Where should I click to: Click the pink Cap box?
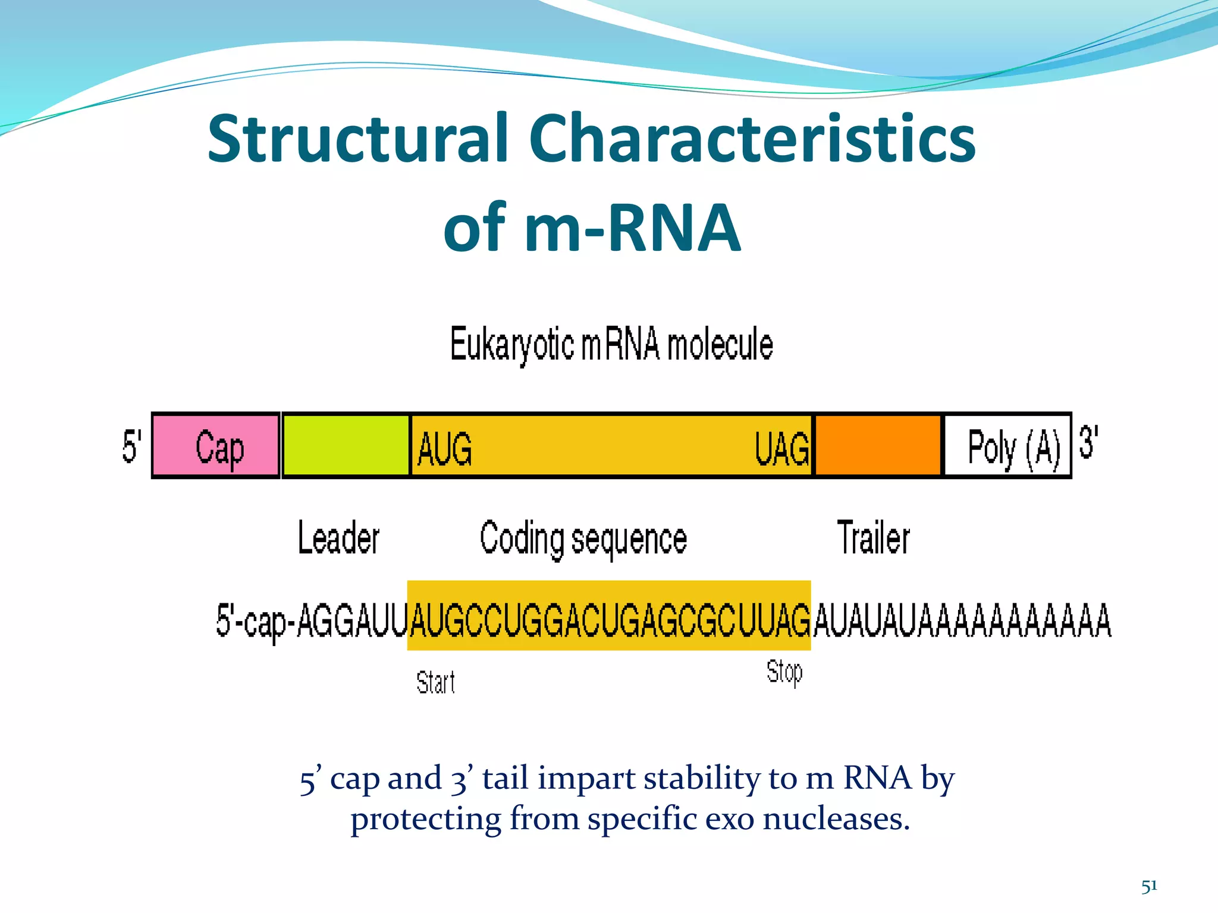(x=216, y=446)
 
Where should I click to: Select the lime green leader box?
(x=346, y=446)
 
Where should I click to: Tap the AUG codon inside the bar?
(x=445, y=449)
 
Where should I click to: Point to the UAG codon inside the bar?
(x=781, y=449)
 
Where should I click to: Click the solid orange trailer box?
(x=878, y=446)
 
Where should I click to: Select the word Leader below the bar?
(x=338, y=538)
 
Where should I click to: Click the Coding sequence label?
(x=583, y=539)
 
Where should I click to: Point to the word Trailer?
(x=873, y=538)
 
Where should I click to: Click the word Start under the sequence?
(x=435, y=682)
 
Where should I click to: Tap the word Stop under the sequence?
(x=784, y=672)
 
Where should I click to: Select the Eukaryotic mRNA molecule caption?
(x=611, y=345)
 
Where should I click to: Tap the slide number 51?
(x=1149, y=886)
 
